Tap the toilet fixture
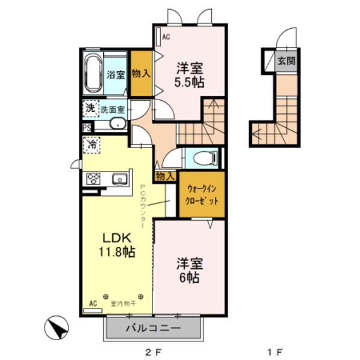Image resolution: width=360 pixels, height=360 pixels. [x=202, y=158]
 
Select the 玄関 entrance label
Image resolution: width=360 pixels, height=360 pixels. [x=286, y=61]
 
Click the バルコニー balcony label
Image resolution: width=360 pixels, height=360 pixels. [x=153, y=329]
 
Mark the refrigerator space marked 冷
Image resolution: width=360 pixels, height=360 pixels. [x=92, y=145]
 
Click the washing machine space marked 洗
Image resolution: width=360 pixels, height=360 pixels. [x=90, y=109]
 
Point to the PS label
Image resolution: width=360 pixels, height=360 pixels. [x=87, y=127]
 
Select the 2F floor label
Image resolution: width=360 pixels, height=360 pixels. [x=154, y=351]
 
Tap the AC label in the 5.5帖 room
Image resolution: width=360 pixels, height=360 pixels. [x=166, y=37]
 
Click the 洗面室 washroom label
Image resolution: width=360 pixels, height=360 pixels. [x=112, y=110]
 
